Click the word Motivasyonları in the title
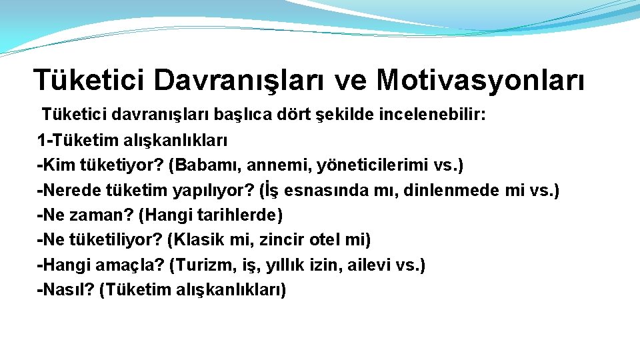pyautogui.click(x=481, y=80)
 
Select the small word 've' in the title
pyautogui.click(x=351, y=80)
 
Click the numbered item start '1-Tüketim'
pyautogui.click(x=75, y=141)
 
